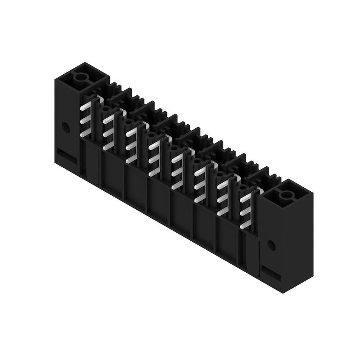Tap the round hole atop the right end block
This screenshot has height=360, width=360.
coord(286,195)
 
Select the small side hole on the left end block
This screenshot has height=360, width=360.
coord(66,127)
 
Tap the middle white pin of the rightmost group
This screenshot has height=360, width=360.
coord(245,211)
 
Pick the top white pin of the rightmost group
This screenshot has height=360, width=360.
coord(246,198)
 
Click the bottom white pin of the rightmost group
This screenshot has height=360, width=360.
coord(245,224)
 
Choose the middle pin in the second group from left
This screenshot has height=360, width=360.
coord(108,133)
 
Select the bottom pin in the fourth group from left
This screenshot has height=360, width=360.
coord(154,171)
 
